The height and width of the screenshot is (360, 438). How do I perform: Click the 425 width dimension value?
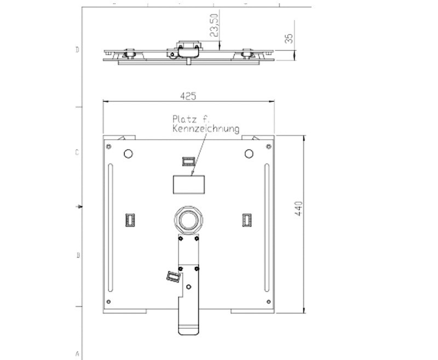[188, 96]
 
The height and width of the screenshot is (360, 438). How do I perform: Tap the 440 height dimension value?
[298, 209]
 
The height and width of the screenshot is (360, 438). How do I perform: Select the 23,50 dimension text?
[214, 25]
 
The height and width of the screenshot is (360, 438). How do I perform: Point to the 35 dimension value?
[289, 38]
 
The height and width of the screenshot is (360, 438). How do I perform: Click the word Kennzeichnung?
[206, 129]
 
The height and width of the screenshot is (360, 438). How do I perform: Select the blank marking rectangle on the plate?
[189, 185]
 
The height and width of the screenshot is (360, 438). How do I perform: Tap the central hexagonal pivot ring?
[189, 220]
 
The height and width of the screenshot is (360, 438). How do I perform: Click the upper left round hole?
[128, 154]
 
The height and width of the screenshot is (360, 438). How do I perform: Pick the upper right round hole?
[249, 154]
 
